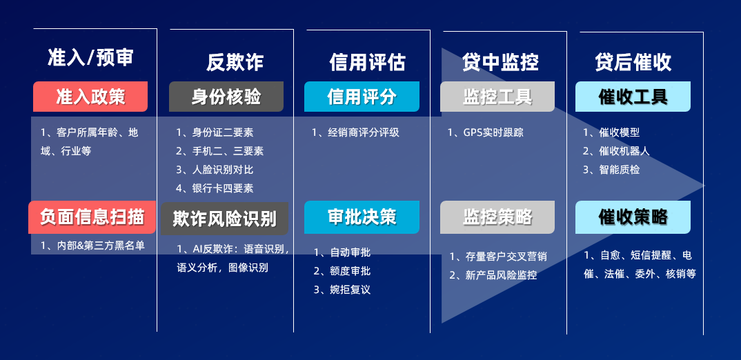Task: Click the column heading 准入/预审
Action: (x=90, y=58)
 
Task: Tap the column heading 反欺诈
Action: (x=235, y=62)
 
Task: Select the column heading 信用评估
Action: (x=367, y=62)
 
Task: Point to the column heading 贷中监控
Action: (x=500, y=62)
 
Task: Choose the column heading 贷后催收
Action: (x=633, y=62)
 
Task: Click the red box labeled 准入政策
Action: (x=90, y=97)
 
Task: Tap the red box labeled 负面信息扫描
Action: (x=92, y=217)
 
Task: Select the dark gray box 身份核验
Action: (x=226, y=97)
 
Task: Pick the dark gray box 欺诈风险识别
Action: (x=224, y=219)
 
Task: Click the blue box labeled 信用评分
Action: (x=362, y=97)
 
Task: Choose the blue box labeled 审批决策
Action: (x=362, y=217)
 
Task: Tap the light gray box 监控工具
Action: (x=497, y=97)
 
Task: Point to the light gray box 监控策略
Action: (x=497, y=217)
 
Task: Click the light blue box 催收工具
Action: (x=633, y=97)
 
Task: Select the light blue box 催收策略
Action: (x=633, y=217)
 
